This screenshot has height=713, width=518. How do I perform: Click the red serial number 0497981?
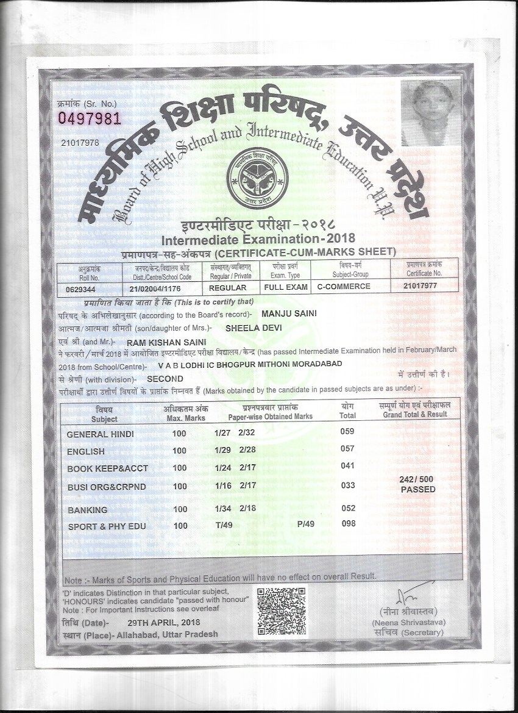pos(89,118)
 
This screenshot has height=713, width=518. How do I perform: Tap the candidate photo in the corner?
pos(430,113)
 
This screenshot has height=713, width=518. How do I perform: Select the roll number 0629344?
pos(81,288)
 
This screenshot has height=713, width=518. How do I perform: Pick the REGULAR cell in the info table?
pos(227,287)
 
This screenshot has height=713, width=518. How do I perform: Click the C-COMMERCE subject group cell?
pos(344,287)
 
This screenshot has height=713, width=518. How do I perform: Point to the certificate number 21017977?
pos(420,286)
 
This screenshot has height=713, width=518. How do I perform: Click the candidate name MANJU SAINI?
pos(289,314)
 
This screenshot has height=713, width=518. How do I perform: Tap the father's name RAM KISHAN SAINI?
pos(158,342)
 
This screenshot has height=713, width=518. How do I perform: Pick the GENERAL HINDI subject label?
pos(100,434)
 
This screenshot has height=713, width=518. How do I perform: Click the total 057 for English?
pos(347,449)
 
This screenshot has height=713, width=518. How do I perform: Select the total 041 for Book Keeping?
pos(347,466)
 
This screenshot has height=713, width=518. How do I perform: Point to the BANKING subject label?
pos(88,510)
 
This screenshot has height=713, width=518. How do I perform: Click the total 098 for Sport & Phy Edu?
pos(348,524)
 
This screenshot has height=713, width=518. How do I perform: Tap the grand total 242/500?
pos(417,480)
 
